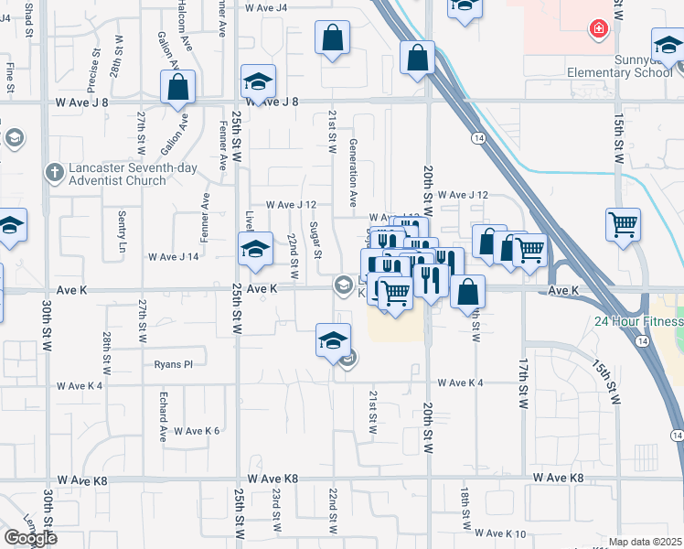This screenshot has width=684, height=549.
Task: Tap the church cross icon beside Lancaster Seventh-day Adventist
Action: coord(55,171)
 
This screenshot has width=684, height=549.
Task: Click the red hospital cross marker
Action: coord(599,29)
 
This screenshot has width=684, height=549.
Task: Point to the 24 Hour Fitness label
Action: coord(638,321)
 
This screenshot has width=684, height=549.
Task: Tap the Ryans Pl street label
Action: coord(173,363)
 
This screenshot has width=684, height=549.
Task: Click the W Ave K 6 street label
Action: coord(197,430)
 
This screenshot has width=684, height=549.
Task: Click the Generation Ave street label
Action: coord(353,174)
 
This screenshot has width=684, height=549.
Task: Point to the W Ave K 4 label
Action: coord(460,382)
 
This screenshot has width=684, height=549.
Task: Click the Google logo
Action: coord(30,537)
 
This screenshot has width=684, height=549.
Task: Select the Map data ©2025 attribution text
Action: coord(646,542)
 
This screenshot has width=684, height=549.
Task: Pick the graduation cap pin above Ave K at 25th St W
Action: coord(256,249)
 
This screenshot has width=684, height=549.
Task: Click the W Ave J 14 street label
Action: coord(175,256)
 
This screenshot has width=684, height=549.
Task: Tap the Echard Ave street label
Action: coord(163,414)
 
